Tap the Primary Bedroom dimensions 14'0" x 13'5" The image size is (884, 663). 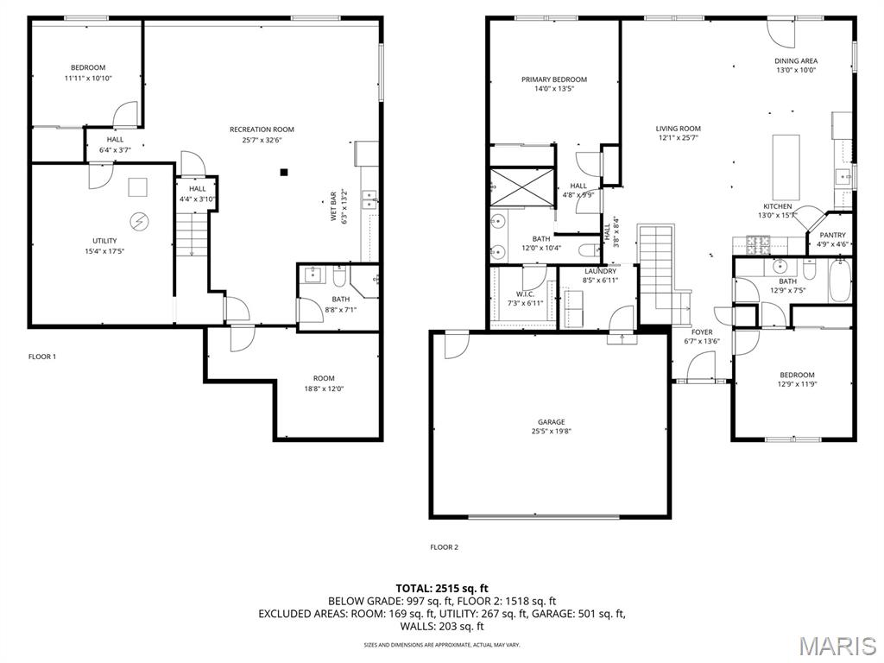point(553,88)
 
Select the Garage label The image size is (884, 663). point(551,422)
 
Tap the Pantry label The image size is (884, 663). point(833,235)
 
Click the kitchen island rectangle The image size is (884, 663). point(785,167)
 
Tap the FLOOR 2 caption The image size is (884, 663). point(444,546)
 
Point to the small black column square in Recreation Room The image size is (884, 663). point(283,172)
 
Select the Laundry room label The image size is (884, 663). point(599,271)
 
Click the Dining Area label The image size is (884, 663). point(795,61)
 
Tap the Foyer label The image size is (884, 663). point(702,331)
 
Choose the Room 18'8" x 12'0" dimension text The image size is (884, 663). point(323,388)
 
